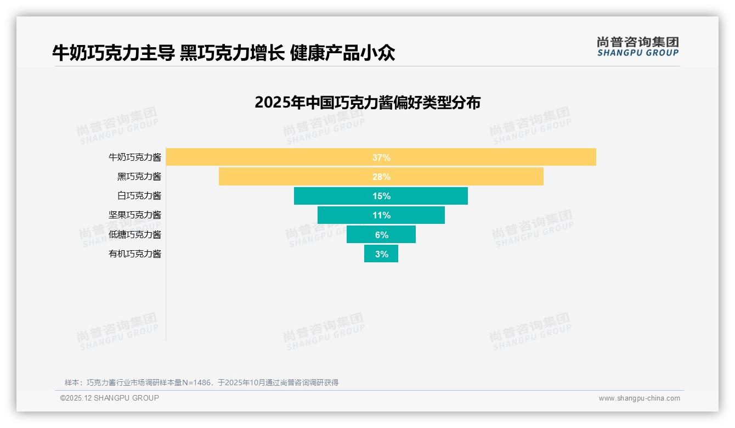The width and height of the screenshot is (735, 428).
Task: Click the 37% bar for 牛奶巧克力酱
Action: pyautogui.click(x=494, y=157)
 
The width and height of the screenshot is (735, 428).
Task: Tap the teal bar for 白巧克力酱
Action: pyautogui.click(x=428, y=196)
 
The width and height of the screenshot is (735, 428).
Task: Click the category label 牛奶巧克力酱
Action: pyautogui.click(x=135, y=157)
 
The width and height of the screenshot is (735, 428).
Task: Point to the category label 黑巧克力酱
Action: pyautogui.click(x=139, y=177)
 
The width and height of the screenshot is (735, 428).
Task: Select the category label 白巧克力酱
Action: pyautogui.click(x=139, y=196)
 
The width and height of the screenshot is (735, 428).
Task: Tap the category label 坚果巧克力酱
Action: pyautogui.click(x=135, y=215)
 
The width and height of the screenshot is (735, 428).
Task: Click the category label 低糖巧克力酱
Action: pyautogui.click(x=135, y=235)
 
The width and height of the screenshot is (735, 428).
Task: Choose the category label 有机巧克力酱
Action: pyautogui.click(x=135, y=254)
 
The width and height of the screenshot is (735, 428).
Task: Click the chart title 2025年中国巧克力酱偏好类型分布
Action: pyautogui.click(x=367, y=103)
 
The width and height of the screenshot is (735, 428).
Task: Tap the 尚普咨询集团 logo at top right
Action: pyautogui.click(x=637, y=47)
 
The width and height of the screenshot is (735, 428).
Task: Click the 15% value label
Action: pyautogui.click(x=381, y=196)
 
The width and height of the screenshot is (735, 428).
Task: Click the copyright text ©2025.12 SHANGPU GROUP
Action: pyautogui.click(x=110, y=398)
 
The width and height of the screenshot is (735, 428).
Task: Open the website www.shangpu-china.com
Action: pyautogui.click(x=639, y=398)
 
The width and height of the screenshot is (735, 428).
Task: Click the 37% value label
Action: pyautogui.click(x=381, y=157)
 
